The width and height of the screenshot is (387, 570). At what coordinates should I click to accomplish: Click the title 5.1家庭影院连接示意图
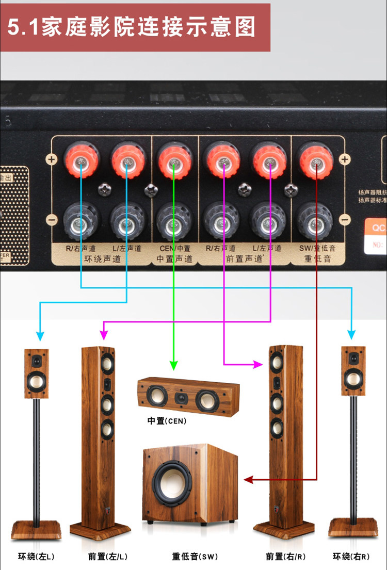(132, 27)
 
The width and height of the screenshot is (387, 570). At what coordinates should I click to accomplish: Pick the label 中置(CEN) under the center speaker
(167, 421)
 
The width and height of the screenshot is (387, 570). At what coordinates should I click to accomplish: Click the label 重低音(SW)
(195, 557)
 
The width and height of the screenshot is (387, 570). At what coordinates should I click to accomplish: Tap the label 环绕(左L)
(36, 557)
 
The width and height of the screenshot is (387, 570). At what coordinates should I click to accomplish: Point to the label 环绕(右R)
(351, 557)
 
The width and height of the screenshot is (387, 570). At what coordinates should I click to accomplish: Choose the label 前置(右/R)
(285, 557)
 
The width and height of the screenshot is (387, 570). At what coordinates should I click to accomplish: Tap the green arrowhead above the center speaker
(174, 366)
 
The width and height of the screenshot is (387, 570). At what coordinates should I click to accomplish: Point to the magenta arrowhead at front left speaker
(104, 336)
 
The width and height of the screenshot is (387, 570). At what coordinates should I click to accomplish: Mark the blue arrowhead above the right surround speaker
(352, 335)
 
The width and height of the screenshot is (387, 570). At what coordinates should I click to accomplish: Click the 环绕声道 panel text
(102, 258)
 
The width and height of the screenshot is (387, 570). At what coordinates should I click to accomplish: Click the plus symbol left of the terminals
(51, 159)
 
